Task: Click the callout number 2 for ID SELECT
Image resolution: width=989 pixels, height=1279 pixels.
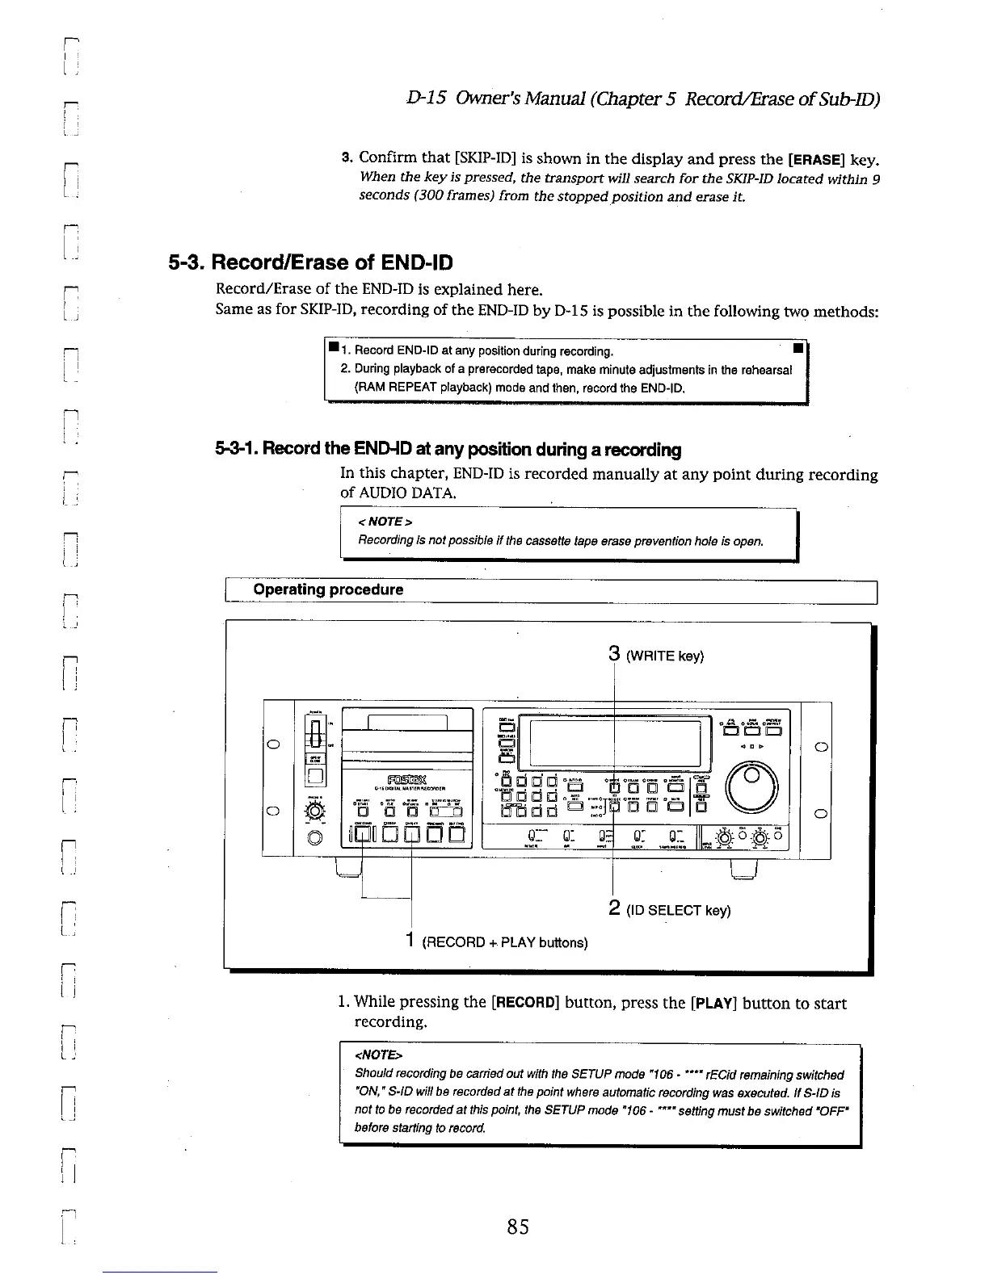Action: coord(613,908)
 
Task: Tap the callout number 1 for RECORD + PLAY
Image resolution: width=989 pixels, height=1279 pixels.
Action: coord(411,940)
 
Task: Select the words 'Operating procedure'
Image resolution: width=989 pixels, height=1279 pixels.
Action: coord(328,589)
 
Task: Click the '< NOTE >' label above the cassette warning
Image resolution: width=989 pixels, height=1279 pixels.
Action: coord(385,522)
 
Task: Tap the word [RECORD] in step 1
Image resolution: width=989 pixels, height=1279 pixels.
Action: coord(525,1004)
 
